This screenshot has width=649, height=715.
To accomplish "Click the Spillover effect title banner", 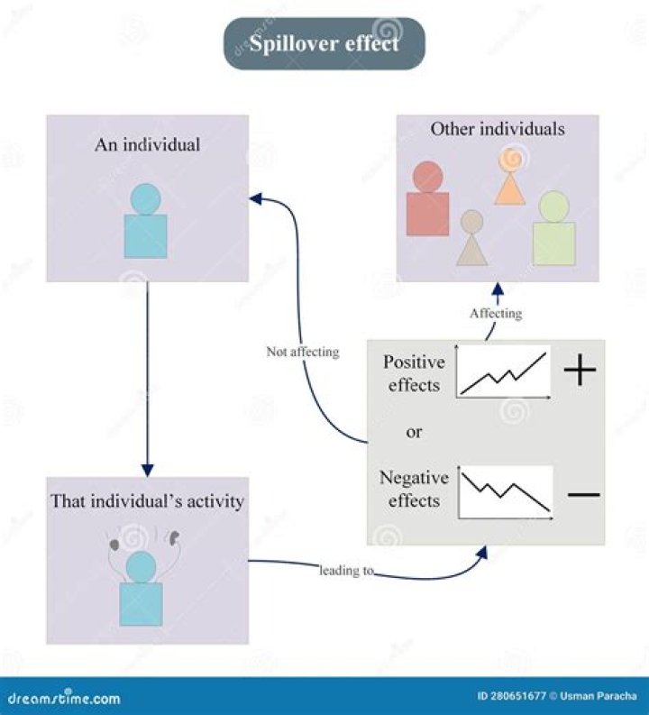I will click(324, 43).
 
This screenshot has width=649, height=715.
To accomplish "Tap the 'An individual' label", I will click(147, 144).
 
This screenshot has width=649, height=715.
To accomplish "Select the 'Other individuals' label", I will click(497, 129).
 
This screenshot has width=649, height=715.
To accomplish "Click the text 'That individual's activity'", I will click(147, 501).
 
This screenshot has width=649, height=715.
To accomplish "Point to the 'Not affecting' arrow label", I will click(302, 352).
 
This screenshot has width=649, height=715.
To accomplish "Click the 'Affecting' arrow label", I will click(495, 313).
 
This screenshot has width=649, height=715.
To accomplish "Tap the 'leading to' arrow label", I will click(346, 571).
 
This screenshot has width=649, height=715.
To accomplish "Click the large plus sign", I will click(580, 370).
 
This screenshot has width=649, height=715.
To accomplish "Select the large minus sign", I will click(583, 495).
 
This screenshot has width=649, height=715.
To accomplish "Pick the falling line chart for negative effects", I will click(505, 492).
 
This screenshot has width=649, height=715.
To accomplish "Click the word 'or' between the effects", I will click(414, 432).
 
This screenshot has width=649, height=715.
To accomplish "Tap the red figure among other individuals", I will click(427, 200).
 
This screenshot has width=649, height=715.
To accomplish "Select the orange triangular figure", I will click(510, 178).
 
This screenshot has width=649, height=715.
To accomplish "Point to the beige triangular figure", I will click(471, 239).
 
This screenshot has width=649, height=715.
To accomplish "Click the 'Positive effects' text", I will click(414, 373).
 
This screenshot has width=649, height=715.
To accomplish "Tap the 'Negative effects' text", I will click(414, 489).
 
